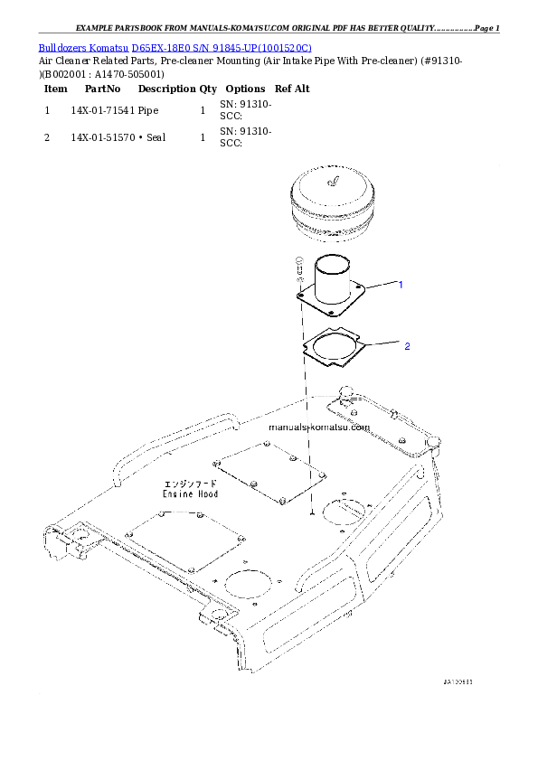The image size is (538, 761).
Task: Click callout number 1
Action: pyautogui.click(x=401, y=284)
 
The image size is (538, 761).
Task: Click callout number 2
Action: pyautogui.click(x=407, y=346)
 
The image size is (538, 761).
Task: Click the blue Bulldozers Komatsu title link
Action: pyautogui.click(x=175, y=47)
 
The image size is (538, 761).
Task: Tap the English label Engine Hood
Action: pyautogui.click(x=190, y=494)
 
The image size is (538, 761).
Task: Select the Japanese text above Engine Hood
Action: pyautogui.click(x=190, y=484)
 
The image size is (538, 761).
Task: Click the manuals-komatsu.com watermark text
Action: pyautogui.click(x=319, y=427)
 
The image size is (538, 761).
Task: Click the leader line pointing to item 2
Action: pyautogui.click(x=383, y=344)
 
